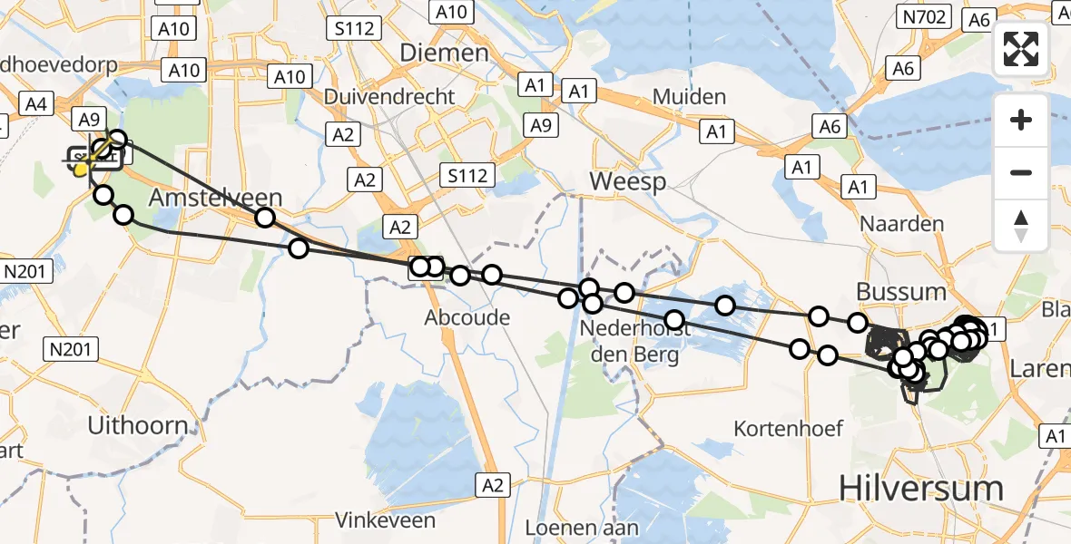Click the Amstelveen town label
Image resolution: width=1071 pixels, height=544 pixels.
click(x=215, y=198)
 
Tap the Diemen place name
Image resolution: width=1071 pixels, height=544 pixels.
click(x=444, y=53)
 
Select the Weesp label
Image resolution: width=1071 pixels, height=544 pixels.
click(x=627, y=181)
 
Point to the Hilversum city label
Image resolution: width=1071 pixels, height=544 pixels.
click(x=921, y=488)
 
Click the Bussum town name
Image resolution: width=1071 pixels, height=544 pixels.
click(x=901, y=292)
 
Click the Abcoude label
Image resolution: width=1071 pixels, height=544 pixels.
click(x=467, y=317)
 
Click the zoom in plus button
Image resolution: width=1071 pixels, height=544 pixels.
click(x=1021, y=120)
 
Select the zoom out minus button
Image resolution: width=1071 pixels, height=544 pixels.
click(x=1021, y=172)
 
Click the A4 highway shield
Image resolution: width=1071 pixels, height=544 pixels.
click(x=35, y=104)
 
